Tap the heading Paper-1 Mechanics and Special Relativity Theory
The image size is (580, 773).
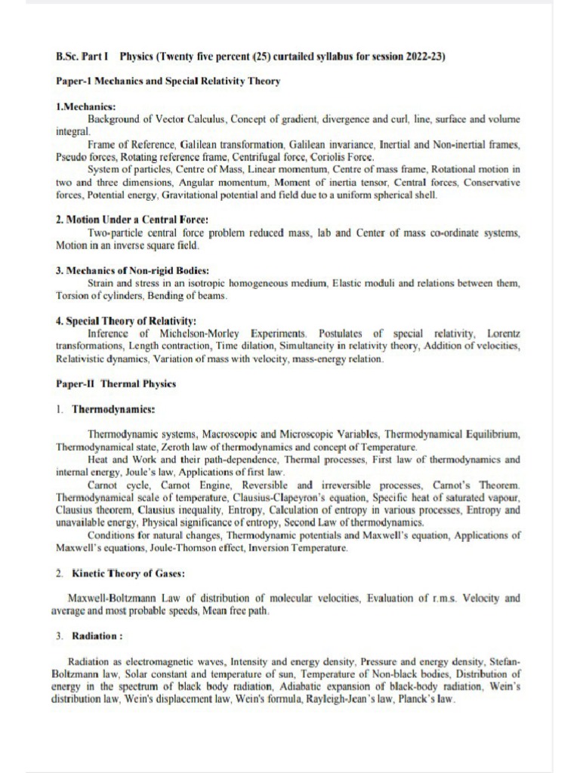coord(168,82)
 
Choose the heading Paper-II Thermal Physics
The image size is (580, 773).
coord(116,383)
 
